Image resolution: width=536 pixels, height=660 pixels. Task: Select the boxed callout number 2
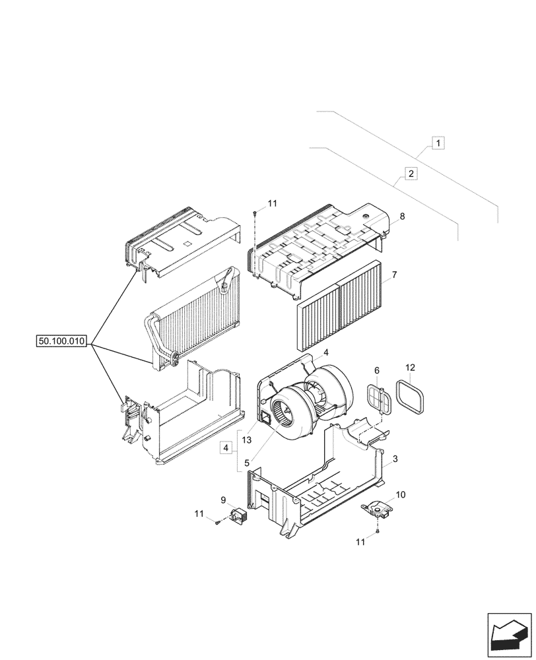pos(411,174)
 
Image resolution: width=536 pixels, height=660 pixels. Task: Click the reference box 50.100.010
pos(62,341)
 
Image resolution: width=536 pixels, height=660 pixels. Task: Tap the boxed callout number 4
pos(226,448)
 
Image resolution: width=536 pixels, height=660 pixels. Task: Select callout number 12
pos(410,367)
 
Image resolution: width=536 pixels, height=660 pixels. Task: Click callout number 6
pos(377,371)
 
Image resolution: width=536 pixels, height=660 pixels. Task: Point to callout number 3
pos(395,459)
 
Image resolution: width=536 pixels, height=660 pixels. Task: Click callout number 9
pos(224,500)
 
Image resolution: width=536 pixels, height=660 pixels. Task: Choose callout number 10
pos(401,494)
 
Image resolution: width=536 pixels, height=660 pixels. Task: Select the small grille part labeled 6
pos(377,399)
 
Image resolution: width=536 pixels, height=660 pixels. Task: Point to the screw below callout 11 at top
pos(254,213)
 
